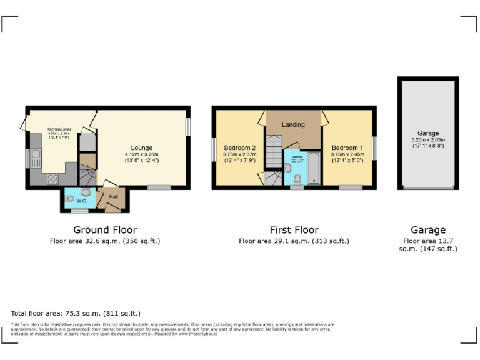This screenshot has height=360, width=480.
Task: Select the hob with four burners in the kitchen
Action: click(x=54, y=177)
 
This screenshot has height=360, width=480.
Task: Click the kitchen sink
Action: click(x=36, y=154)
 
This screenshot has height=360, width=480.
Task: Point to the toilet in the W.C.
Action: click(x=70, y=199)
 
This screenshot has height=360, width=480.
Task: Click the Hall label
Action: click(x=113, y=197)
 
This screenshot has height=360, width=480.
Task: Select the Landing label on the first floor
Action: click(x=293, y=124)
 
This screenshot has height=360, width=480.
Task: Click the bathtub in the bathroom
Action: click(x=312, y=167)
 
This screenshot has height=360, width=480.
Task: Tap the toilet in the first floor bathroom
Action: click(x=297, y=179)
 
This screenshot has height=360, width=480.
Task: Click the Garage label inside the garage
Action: click(x=428, y=133)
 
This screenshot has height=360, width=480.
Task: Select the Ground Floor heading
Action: click(x=105, y=230)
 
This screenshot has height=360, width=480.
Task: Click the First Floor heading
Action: click(x=294, y=230)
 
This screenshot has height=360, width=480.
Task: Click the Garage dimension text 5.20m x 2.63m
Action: click(x=428, y=140)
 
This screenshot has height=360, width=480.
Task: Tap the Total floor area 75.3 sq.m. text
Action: click(x=76, y=313)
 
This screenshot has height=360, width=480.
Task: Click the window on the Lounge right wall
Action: click(x=188, y=126)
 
